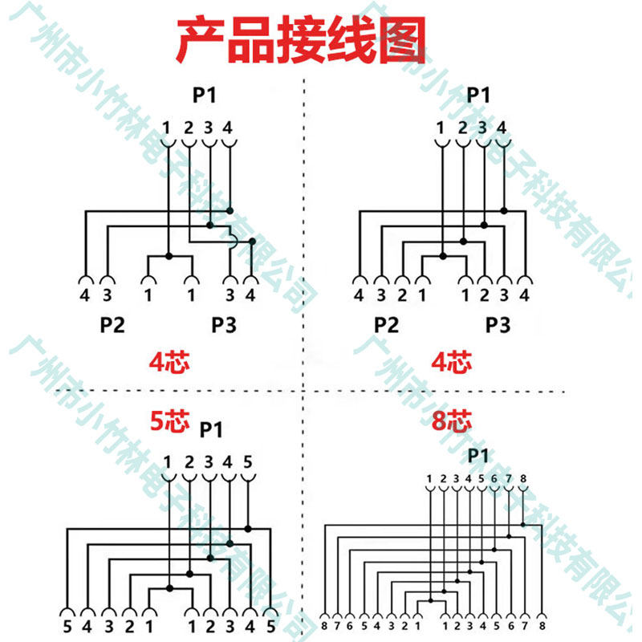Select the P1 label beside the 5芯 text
pos(210,430)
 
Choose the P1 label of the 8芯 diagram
pos(478,456)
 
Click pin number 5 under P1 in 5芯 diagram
pos(247,462)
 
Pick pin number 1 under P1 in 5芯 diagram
pos(168,462)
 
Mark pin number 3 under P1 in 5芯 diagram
pos(208,462)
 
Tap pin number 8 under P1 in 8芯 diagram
pos(523,480)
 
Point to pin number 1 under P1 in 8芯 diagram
pos(430,480)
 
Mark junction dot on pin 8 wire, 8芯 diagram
pos(523,525)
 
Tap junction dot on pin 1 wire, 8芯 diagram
pos(431,600)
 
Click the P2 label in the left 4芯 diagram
pos(112,325)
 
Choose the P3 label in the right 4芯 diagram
pos(498,325)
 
